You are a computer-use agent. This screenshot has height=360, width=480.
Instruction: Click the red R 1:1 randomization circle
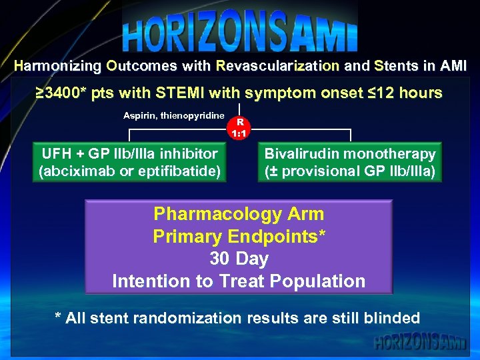[239, 127]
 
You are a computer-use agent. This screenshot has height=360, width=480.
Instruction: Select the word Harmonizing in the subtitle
[57, 67]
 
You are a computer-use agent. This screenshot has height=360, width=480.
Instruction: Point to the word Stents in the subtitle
[396, 67]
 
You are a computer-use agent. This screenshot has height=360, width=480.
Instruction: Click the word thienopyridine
[191, 116]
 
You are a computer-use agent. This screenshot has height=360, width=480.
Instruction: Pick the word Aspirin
[139, 116]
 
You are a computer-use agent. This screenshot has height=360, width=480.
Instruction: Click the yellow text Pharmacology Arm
[239, 214]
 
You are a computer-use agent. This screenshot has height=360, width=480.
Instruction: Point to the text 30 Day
[239, 259]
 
